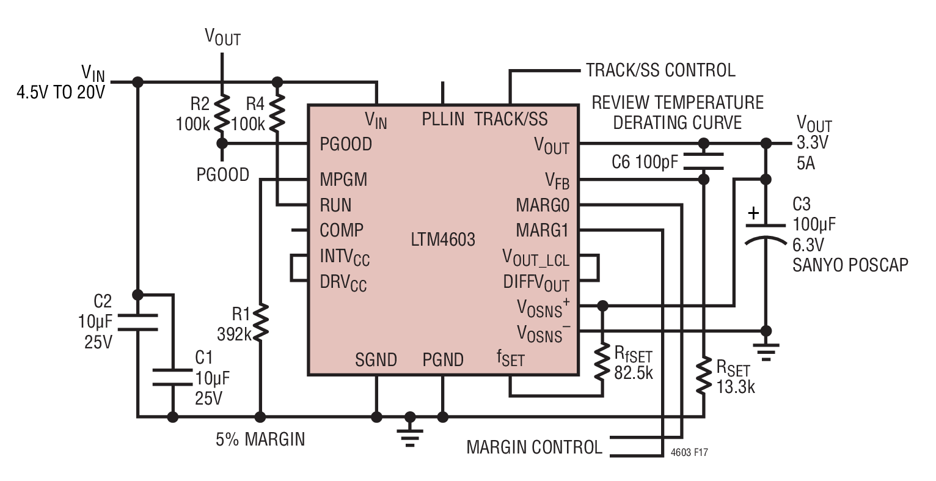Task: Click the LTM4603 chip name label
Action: [443, 240]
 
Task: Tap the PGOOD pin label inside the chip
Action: [346, 144]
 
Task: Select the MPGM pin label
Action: [343, 180]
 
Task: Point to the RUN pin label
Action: [335, 205]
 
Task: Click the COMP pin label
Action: [342, 230]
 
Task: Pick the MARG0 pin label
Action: [543, 205]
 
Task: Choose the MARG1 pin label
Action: [543, 230]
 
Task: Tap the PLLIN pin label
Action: [443, 119]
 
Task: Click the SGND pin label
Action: [376, 360]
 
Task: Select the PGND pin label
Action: [443, 360]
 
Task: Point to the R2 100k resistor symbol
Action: [222, 113]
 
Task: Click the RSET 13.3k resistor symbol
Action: [704, 375]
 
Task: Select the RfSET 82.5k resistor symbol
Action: [602, 362]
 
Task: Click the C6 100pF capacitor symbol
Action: [704, 161]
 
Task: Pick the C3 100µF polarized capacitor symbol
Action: [766, 233]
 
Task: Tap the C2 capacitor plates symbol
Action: [137, 322]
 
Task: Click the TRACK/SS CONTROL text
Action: [660, 70]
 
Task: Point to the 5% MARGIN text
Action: [260, 439]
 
